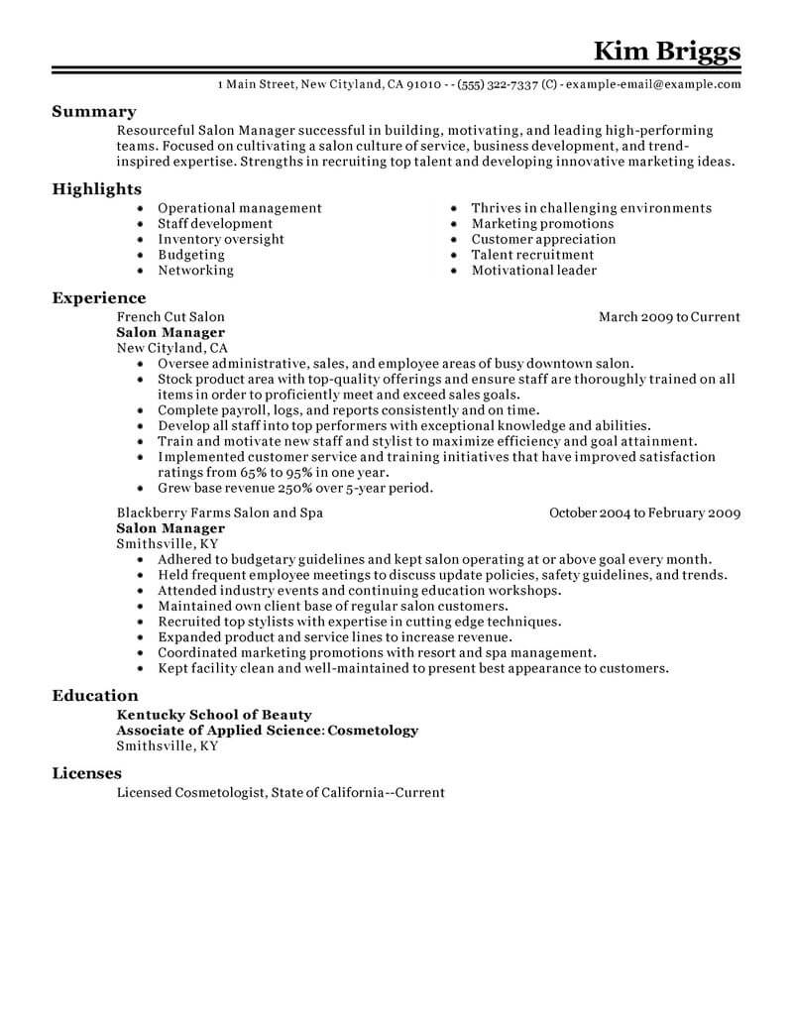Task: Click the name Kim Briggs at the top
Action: click(x=666, y=50)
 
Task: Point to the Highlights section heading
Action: click(x=96, y=188)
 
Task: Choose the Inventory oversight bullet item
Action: click(x=221, y=239)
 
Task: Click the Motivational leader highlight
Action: click(x=533, y=270)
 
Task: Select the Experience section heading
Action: click(x=98, y=297)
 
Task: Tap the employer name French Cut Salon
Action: click(x=170, y=317)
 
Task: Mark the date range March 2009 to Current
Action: click(x=669, y=317)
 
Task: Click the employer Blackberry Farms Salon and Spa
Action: click(x=219, y=513)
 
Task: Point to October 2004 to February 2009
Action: click(x=644, y=513)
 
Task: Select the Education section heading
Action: click(x=95, y=696)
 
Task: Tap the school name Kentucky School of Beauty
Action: click(x=214, y=715)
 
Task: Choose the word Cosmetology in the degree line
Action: click(x=373, y=731)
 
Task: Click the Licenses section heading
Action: click(x=87, y=773)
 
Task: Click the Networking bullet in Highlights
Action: click(x=195, y=270)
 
